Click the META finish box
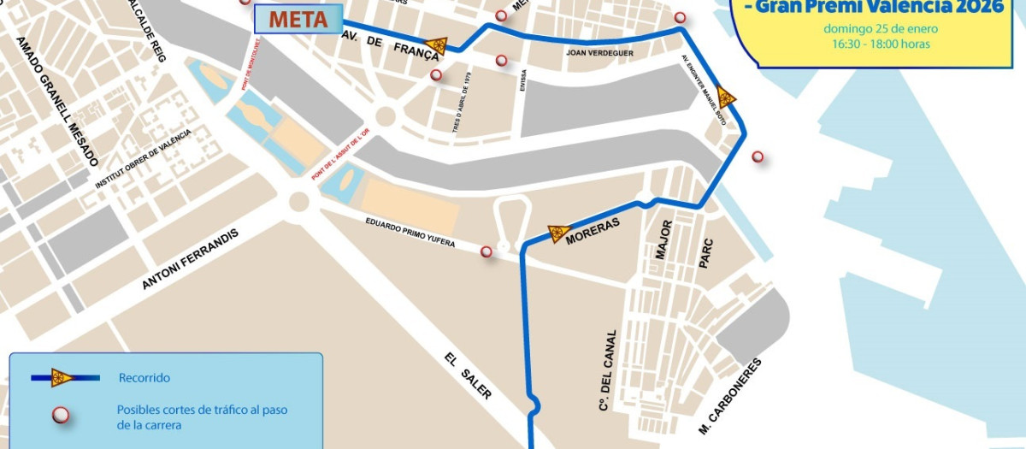click(298, 20)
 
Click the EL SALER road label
click(469, 375)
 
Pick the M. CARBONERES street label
click(729, 397)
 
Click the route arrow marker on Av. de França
click(437, 46)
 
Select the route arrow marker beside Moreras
click(558, 233)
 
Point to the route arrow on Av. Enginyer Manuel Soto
click(726, 96)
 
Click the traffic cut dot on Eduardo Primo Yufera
click(486, 251)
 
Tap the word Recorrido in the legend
click(144, 377)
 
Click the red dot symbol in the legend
click(61, 416)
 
